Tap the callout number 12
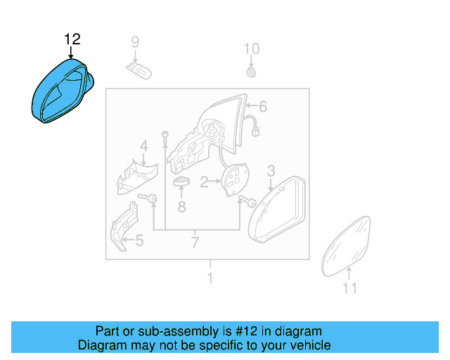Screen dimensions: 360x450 pos(72,39)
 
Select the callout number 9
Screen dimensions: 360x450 pos(136,43)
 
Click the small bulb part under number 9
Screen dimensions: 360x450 pos(140,68)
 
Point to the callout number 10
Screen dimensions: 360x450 pos(251,49)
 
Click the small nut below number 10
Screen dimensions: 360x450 pos(251,72)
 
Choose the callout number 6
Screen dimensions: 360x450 pos(263,107)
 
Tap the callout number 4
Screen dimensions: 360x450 pos(143,146)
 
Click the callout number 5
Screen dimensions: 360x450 pos(139,241)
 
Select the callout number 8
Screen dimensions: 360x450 pos(181,207)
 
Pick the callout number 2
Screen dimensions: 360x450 pos(204,183)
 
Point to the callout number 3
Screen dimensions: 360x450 pos(271,171)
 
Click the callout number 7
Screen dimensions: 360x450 pos(195,243)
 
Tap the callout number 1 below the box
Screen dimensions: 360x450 pos(209,278)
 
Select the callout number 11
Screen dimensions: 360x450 pos(349,288)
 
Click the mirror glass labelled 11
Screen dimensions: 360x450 pos(347,247)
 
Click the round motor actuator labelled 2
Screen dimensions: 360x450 pos(237,179)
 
